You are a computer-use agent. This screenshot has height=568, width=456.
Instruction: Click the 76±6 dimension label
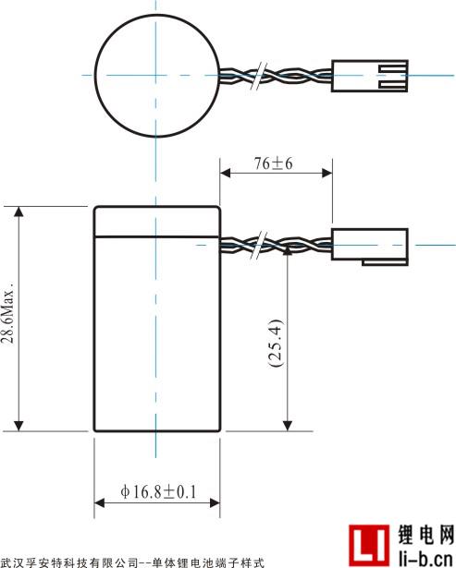click(x=273, y=163)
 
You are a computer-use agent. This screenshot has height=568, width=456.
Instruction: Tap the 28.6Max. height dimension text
click(x=8, y=311)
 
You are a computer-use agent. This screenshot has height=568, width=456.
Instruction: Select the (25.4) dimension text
click(x=276, y=343)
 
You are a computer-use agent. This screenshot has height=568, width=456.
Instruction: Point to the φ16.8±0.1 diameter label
click(x=158, y=492)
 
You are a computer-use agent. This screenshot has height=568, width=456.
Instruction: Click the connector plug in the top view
click(x=370, y=76)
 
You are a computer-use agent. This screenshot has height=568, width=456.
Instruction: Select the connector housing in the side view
click(x=370, y=247)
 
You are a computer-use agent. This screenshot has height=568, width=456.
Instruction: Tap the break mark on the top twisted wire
click(x=259, y=76)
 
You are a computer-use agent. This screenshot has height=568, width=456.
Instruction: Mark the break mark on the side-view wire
click(x=259, y=245)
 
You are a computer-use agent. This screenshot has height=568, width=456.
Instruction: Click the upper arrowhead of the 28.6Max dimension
click(x=18, y=211)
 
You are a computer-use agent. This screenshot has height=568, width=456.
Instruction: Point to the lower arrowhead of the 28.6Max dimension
click(x=18, y=427)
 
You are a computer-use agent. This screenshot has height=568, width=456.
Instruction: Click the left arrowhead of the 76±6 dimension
click(x=226, y=173)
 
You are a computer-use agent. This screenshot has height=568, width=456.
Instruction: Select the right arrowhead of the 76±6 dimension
click(x=327, y=173)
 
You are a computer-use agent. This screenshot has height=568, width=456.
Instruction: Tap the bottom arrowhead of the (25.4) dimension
click(x=288, y=427)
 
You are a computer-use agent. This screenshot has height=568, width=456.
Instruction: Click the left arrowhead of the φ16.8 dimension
click(x=99, y=502)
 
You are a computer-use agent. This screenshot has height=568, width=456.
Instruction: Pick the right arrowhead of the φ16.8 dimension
click(x=215, y=502)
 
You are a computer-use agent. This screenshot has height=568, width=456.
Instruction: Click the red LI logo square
click(x=369, y=546)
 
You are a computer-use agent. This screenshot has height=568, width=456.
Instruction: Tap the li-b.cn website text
click(x=425, y=558)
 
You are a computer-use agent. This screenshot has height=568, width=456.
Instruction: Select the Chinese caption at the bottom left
click(x=132, y=563)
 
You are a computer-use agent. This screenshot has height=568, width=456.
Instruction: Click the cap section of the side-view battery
click(x=157, y=222)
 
